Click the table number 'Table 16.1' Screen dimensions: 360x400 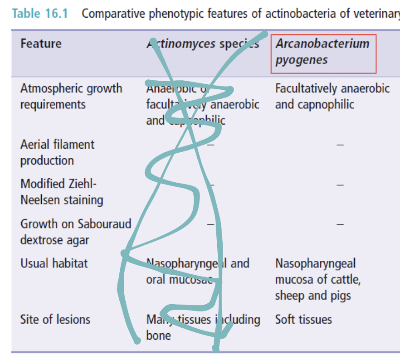40,13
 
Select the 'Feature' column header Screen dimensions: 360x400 41,44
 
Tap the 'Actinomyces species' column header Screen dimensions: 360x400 202,44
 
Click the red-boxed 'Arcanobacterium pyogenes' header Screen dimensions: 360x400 323,52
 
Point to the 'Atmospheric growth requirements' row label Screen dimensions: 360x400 71,96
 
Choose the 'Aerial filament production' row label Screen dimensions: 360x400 57,152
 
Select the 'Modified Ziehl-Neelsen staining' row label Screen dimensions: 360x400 62,192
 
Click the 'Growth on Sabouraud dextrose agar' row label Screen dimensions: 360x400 75,232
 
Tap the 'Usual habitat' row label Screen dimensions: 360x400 54,263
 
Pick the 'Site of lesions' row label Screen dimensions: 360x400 55,319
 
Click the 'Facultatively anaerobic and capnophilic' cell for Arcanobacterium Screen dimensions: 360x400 332,96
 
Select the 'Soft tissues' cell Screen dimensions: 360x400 303,319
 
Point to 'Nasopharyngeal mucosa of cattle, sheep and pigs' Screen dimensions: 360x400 317,280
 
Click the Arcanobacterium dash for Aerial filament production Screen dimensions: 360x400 340,145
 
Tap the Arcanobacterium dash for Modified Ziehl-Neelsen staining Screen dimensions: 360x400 340,185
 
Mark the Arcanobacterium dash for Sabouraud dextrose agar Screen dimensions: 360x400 340,224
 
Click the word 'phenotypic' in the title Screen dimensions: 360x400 176,13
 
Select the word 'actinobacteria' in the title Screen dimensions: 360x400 300,13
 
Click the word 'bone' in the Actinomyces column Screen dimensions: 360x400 158,336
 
